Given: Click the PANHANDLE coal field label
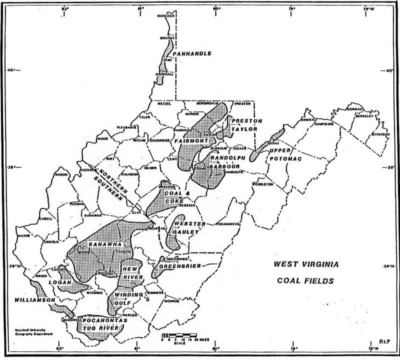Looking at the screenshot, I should (x=192, y=53).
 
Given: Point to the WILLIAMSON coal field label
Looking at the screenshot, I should (x=34, y=300).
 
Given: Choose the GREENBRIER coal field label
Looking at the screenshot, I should (x=183, y=266).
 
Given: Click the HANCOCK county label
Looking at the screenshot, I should (x=167, y=16).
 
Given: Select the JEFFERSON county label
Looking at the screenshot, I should (x=379, y=134).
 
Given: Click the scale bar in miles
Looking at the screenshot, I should (x=178, y=335).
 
